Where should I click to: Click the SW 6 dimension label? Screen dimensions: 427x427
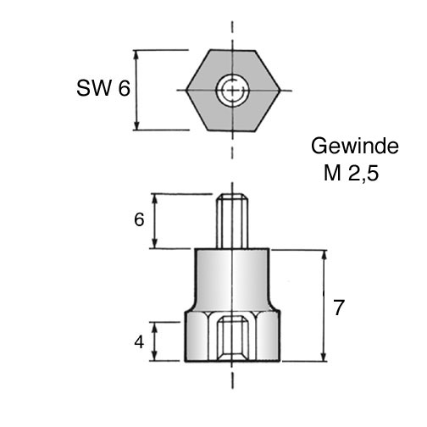pyautogui.click(x=103, y=88)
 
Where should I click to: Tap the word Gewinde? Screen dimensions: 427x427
pyautogui.click(x=355, y=146)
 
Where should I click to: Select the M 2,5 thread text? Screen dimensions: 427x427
pyautogui.click(x=351, y=173)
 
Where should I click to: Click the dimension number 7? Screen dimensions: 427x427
pyautogui.click(x=339, y=308)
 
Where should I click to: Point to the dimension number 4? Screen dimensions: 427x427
pyautogui.click(x=139, y=342)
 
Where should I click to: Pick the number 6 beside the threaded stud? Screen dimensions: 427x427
pyautogui.click(x=139, y=219)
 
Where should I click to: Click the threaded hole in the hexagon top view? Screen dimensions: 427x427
pyautogui.click(x=232, y=91)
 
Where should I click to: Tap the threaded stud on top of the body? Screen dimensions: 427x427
pyautogui.click(x=232, y=221)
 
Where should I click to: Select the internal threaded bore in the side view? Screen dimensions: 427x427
pyautogui.click(x=232, y=338)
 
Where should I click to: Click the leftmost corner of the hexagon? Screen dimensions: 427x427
pyautogui.click(x=186, y=91)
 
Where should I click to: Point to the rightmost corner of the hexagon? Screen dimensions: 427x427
pyautogui.click(x=280, y=91)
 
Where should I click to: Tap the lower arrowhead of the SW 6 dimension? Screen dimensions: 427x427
pyautogui.click(x=136, y=125)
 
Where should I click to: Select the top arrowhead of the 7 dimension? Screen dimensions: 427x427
pyautogui.click(x=324, y=256)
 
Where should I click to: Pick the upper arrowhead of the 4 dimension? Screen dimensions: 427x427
pyautogui.click(x=154, y=328)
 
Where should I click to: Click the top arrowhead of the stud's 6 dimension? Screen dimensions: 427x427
pyautogui.click(x=154, y=200)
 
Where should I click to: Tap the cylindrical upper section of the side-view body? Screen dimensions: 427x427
pyautogui.click(x=232, y=278)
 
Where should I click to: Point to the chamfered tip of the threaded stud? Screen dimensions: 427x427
pyautogui.click(x=232, y=197)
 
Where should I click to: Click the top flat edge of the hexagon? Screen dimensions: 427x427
pyautogui.click(x=232, y=50)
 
